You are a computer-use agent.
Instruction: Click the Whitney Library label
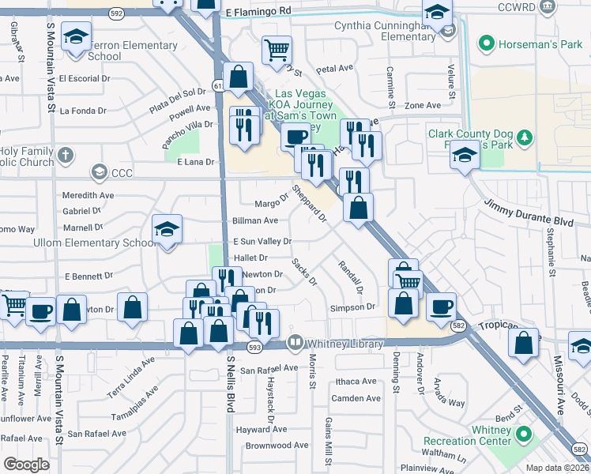(345, 344)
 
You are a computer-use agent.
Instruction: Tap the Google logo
(26, 465)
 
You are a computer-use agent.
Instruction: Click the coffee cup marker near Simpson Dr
(441, 306)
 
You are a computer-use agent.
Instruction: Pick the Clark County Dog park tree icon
(523, 140)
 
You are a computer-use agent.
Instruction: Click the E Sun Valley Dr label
(262, 241)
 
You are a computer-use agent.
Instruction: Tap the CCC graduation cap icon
(99, 171)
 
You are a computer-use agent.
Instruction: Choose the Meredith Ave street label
(88, 195)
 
